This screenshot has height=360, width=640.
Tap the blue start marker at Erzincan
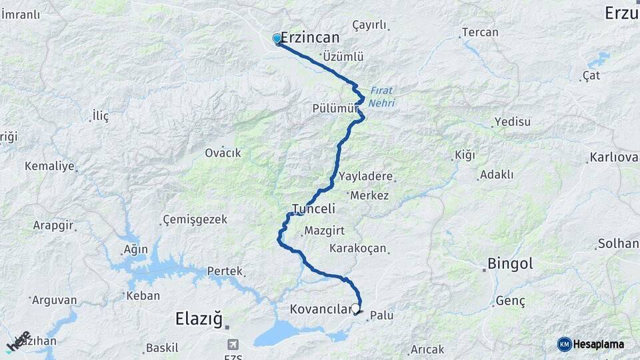click(x=277, y=39)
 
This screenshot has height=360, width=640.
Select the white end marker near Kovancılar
click(x=355, y=309)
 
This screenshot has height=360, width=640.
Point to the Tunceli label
click(x=313, y=209)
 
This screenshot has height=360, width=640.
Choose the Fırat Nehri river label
click(x=383, y=98)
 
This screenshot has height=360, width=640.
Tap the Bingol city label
click(x=510, y=264)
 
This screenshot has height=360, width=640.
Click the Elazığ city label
click(x=198, y=319)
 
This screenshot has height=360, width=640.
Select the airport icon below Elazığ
click(x=233, y=344)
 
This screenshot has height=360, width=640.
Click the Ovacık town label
click(x=223, y=153)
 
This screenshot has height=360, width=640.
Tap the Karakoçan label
click(x=358, y=248)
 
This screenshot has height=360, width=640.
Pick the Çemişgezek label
click(x=195, y=219)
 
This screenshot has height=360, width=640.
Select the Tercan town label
click(x=480, y=32)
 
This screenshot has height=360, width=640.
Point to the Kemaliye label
click(x=49, y=166)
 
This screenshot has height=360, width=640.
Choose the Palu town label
click(x=381, y=315)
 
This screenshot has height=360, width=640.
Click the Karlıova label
click(x=613, y=158)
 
